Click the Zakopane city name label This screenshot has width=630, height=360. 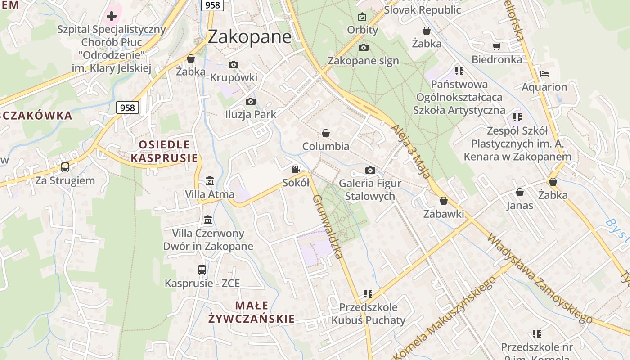[x=249, y=37]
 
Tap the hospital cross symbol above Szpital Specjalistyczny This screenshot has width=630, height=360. [x=112, y=17]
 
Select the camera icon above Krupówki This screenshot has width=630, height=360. [x=233, y=64]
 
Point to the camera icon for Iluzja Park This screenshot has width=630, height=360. [x=251, y=101]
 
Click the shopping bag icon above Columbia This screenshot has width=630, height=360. [x=326, y=133]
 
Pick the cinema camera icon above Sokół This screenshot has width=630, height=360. [x=296, y=170]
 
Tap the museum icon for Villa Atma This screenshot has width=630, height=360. [x=209, y=181]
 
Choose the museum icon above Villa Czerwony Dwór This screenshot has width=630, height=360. [x=208, y=220]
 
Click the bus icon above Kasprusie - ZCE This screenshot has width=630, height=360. [x=202, y=270]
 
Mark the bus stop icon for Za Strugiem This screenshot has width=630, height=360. [x=65, y=167]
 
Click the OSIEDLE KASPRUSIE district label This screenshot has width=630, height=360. [x=164, y=151]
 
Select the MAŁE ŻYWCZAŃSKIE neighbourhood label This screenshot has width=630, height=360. [x=252, y=312]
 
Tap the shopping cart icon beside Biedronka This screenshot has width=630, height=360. [x=497, y=46]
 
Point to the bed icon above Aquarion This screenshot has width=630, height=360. [x=544, y=74]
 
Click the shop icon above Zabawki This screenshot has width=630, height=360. [x=444, y=201]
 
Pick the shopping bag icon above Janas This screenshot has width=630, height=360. [x=520, y=192]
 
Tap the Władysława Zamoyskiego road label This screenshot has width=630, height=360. [x=539, y=278]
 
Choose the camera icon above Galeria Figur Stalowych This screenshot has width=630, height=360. [x=370, y=170]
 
